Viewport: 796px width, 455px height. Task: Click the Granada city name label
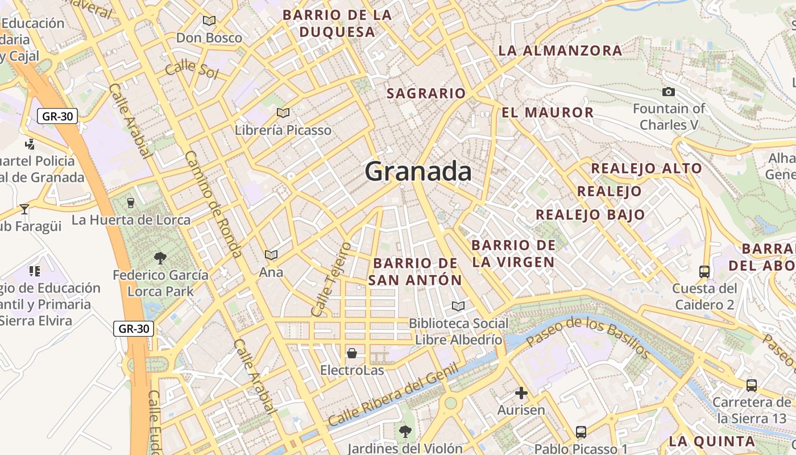(418, 171)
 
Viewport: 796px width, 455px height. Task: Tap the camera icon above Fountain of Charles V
(669, 92)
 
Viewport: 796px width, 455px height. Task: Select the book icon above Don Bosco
(209, 20)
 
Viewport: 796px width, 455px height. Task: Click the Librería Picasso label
(283, 130)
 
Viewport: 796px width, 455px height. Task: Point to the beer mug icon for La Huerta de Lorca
(131, 202)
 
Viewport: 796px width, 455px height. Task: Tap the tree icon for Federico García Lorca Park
(160, 258)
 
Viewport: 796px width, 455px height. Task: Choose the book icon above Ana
(271, 255)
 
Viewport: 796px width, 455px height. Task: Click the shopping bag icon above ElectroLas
(352, 353)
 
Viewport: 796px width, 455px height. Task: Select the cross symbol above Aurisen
(521, 392)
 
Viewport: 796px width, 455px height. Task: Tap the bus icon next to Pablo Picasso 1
(581, 432)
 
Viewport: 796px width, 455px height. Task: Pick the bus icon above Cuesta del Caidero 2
(704, 271)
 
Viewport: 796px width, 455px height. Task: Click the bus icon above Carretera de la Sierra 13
(751, 385)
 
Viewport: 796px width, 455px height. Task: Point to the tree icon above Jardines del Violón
(405, 431)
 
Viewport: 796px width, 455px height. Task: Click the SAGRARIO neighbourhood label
(426, 93)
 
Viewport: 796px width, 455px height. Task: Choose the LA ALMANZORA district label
(560, 51)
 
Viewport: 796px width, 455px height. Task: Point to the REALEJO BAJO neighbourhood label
(590, 214)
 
